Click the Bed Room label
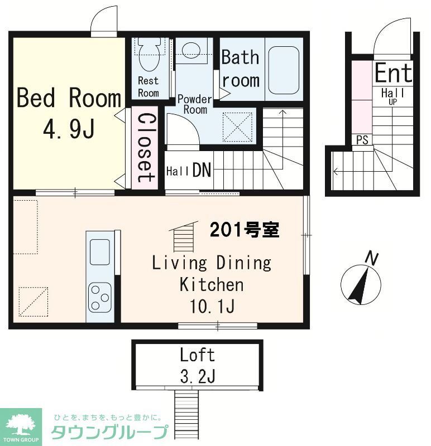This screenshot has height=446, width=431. coord(69,98)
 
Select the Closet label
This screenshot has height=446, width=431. coord(145,148)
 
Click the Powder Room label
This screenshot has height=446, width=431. coord(194,104)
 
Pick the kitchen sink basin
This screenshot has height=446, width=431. coord(100,252)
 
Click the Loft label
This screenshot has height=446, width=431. coord(197,355)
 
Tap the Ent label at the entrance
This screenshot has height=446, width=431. coord(393,73)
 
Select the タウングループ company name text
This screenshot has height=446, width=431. coord(109,433)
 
